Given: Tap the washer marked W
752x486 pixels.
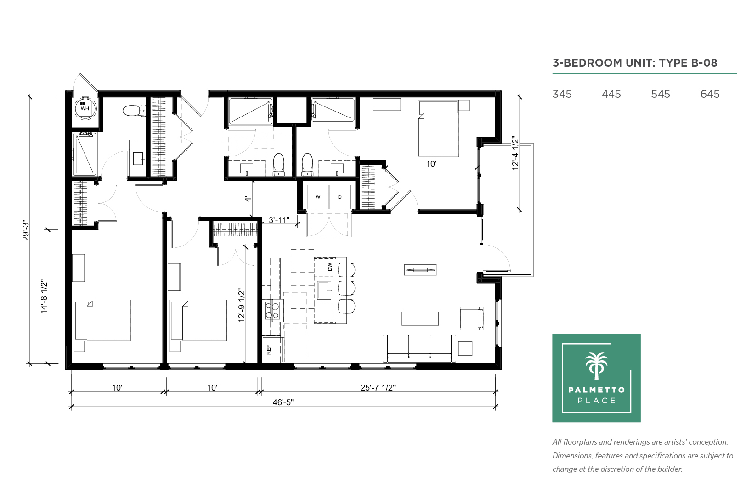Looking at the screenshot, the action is click(318, 197).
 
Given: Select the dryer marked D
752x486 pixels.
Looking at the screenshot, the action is click(340, 197).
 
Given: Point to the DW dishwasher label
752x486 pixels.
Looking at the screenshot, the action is click(330, 267).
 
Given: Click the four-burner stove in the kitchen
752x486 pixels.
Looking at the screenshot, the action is click(272, 310).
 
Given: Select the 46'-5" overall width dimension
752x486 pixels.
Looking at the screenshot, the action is click(283, 402).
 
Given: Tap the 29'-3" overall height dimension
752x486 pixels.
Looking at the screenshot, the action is click(26, 230).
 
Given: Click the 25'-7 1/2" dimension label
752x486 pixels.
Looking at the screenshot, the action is click(378, 387).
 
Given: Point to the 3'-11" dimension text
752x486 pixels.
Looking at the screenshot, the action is click(279, 220).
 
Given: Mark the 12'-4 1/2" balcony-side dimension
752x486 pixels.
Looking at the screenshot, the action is click(515, 153).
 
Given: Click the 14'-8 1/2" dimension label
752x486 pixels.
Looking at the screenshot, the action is click(44, 296).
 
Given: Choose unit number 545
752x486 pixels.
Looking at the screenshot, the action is click(660, 94).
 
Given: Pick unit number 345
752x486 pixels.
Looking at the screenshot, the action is click(562, 94).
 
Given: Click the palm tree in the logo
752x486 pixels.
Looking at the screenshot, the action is click(596, 365).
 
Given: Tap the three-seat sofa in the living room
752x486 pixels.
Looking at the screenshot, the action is click(419, 348).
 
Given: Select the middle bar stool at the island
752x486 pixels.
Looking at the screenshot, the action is click(346, 288).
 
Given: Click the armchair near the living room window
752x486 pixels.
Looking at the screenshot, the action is click(472, 318).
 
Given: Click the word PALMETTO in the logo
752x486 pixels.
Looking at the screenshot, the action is click(596, 390).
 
